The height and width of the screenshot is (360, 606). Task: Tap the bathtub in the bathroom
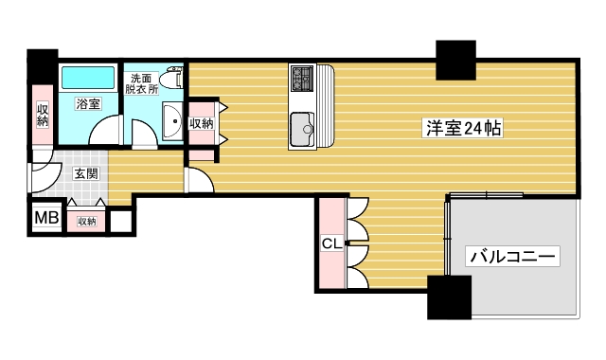coord(88,79)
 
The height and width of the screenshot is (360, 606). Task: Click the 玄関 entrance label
coord(86,173)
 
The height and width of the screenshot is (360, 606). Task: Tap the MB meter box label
coord(46,219)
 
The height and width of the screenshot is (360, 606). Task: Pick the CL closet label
coord(331,243)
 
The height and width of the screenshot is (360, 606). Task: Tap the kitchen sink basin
coord(303,123)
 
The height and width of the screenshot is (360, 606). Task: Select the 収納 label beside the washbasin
coord(202,123)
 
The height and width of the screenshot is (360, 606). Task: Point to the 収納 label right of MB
coord(86,221)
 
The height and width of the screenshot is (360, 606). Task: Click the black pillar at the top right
coord(454,61)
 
